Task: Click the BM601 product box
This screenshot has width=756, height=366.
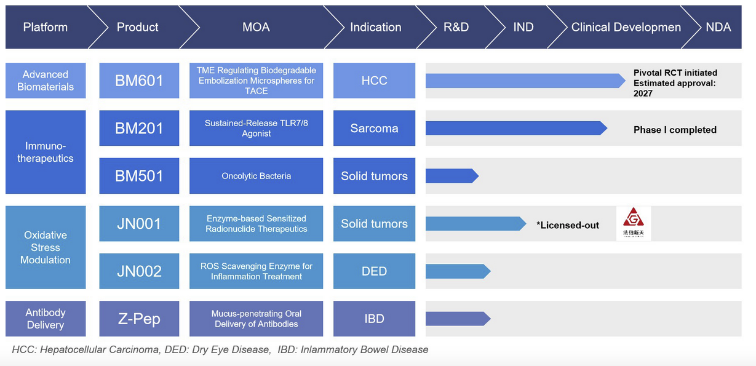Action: point(139,81)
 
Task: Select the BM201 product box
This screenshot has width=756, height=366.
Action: point(139,128)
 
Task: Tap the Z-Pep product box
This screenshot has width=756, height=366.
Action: point(139,319)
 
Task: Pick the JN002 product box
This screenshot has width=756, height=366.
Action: point(139,271)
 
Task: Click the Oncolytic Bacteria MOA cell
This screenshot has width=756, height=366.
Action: point(256,176)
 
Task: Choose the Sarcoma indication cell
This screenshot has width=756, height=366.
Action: point(374,128)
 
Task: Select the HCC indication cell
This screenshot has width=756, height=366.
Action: point(374,81)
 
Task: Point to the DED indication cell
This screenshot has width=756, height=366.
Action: point(374,271)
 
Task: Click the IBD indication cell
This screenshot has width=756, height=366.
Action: point(374,319)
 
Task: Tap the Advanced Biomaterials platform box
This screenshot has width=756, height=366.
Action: point(46,81)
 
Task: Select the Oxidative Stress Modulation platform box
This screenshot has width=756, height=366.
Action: point(46,247)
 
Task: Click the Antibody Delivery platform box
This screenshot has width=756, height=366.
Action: point(46,319)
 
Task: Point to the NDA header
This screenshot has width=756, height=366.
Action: point(718,27)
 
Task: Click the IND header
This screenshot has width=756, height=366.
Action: point(523,27)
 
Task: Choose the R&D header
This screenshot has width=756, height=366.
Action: point(456,27)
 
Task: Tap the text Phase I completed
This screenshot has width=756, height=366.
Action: point(675,130)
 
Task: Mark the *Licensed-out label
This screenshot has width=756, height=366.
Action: point(567,225)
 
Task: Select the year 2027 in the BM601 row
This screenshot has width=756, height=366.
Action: point(643,93)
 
